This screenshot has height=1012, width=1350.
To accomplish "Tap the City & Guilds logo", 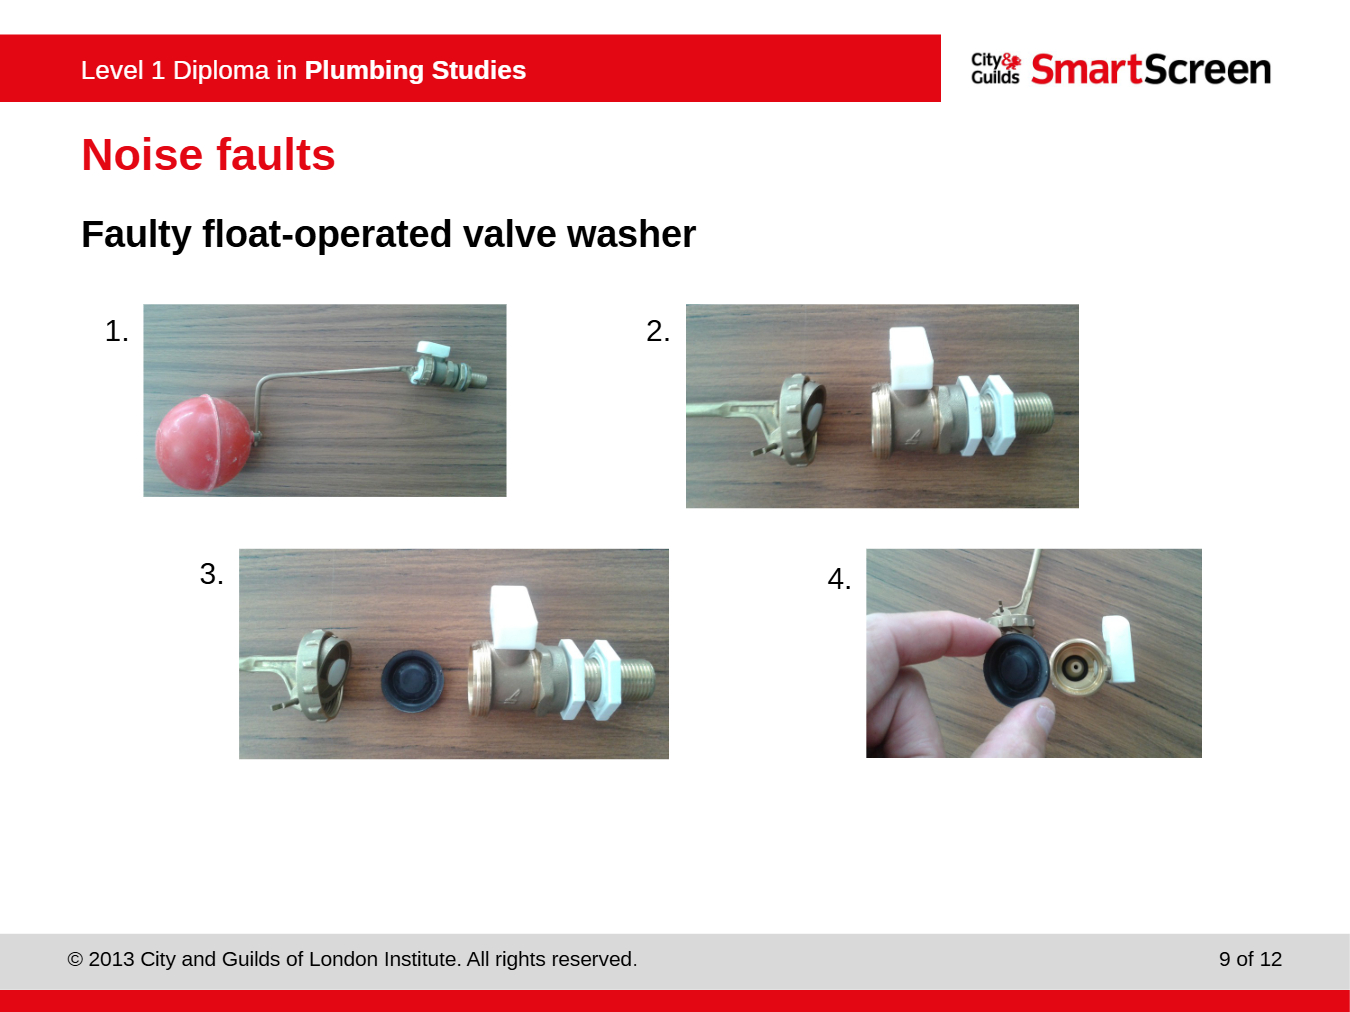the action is coord(996,68).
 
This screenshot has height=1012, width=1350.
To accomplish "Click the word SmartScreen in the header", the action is coord(1151,69).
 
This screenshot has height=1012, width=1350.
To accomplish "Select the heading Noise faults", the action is coord(208,154).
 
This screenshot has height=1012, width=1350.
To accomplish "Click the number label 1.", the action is coord(116,331).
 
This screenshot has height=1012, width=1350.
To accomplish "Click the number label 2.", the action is coord(657,331).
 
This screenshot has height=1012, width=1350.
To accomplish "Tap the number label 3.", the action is coord(212,574).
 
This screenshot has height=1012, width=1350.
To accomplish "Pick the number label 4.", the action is coord(839,579).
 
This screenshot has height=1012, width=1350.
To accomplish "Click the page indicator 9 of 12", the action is coord(1250,959).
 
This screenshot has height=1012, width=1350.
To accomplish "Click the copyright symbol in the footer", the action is coord(75,959).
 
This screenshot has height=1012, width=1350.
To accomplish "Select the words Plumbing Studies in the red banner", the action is coord(415,70).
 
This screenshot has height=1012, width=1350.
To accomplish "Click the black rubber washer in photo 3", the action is coord(411,681).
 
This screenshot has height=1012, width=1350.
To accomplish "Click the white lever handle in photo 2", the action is coord(911,358).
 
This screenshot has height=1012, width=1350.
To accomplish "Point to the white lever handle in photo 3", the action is coord(513,617).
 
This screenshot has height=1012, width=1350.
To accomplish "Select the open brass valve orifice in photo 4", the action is coord(1078,667).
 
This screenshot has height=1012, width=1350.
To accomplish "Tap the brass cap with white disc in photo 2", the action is coord(801,419).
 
